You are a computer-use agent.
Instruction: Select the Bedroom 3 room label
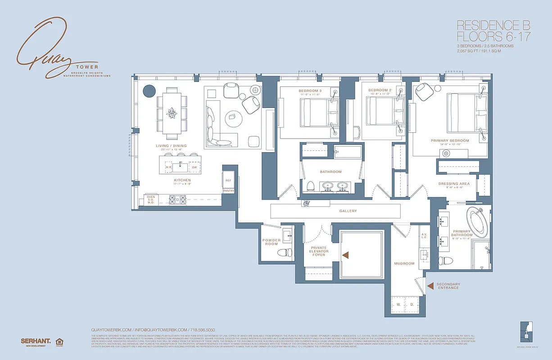(x=310, y=91)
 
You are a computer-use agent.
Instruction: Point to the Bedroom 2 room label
(x=380, y=90)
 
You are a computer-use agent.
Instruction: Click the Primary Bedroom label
(x=449, y=140)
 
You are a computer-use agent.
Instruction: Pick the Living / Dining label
(x=171, y=146)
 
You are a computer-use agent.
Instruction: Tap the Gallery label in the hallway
(x=348, y=211)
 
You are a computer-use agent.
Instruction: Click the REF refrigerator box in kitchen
(x=228, y=180)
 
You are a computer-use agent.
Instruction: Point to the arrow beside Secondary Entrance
(x=430, y=286)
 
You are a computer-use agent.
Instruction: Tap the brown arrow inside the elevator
(x=346, y=255)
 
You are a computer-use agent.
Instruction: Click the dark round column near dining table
(x=149, y=91)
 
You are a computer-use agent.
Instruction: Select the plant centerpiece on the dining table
(x=172, y=113)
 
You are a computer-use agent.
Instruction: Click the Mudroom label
(x=403, y=263)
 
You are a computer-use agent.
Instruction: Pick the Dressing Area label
(x=454, y=184)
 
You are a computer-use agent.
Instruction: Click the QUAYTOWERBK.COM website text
(x=111, y=329)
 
